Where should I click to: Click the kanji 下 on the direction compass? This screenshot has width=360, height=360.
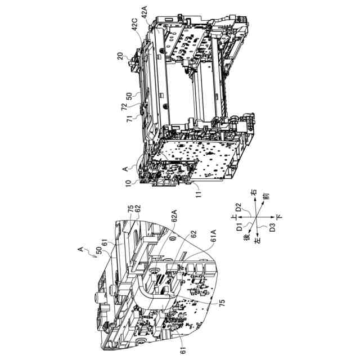[x=278, y=216]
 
